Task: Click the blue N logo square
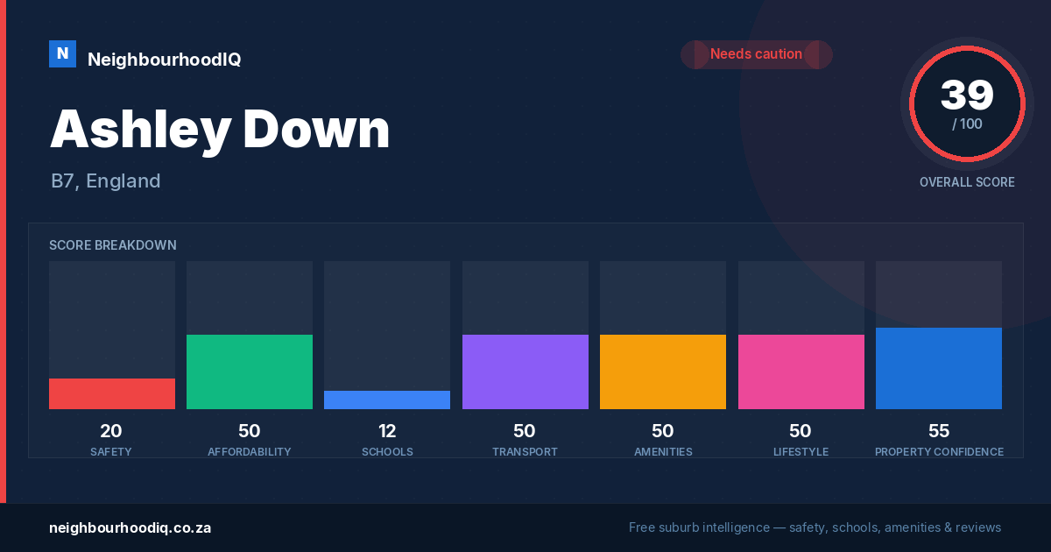click(62, 54)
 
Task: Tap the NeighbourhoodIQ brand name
click(165, 60)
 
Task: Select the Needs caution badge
click(757, 54)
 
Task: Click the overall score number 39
click(967, 95)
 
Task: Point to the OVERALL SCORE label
click(967, 182)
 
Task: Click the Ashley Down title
click(220, 130)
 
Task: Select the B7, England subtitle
click(106, 181)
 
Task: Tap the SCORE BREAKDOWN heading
click(113, 245)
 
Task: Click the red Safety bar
click(112, 393)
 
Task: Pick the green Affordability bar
click(250, 372)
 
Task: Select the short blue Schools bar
click(387, 400)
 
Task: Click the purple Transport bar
click(525, 372)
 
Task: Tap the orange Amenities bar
click(663, 372)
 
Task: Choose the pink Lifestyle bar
click(801, 372)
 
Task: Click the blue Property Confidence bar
click(939, 369)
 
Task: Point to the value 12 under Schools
click(387, 431)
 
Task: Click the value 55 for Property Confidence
click(939, 431)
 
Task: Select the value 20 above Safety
click(111, 431)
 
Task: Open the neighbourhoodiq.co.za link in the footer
click(130, 528)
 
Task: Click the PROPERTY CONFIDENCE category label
click(939, 451)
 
